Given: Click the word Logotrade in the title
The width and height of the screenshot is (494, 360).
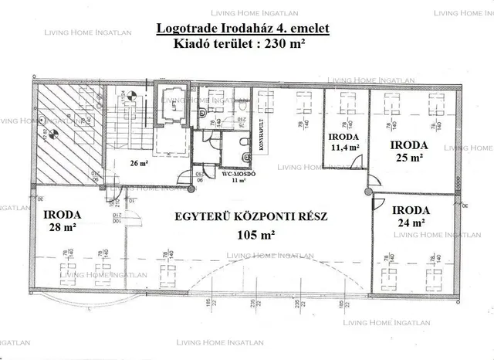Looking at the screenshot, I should [x=189, y=29].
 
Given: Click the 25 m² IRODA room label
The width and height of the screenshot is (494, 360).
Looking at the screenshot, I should [x=406, y=151].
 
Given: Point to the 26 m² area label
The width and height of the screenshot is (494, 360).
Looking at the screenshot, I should [x=138, y=163].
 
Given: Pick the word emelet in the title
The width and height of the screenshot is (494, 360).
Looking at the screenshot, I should [x=308, y=29].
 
